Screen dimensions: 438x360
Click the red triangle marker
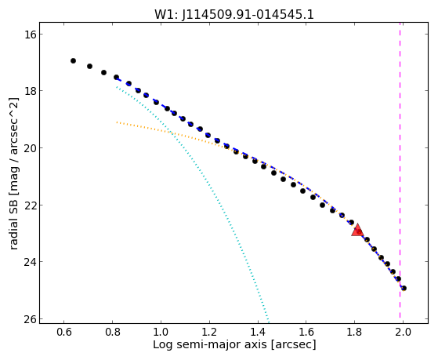tap(357, 230)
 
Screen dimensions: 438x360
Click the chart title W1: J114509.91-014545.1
tap(234, 15)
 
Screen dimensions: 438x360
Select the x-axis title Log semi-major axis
tap(209, 344)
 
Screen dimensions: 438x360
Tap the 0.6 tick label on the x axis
tap(64, 332)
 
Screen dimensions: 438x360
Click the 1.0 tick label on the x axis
tap(161, 332)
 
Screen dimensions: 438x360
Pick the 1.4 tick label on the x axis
tap(258, 332)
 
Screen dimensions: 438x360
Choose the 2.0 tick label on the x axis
tap(403, 332)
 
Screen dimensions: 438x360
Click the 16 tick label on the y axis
tap(29, 35)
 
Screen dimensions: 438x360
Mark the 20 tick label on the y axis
tap(29, 148)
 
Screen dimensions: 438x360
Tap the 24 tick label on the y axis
tap(29, 262)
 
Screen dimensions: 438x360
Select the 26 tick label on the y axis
tap(29, 319)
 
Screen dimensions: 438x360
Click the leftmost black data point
tap(73, 60)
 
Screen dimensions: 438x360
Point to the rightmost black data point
tap(404, 288)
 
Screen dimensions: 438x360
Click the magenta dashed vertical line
tap(400, 173)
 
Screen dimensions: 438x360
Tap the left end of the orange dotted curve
tap(117, 122)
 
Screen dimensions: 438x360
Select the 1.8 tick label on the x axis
tap(354, 332)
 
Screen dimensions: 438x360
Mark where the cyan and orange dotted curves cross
tap(171, 133)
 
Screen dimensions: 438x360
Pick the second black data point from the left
tap(89, 67)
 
